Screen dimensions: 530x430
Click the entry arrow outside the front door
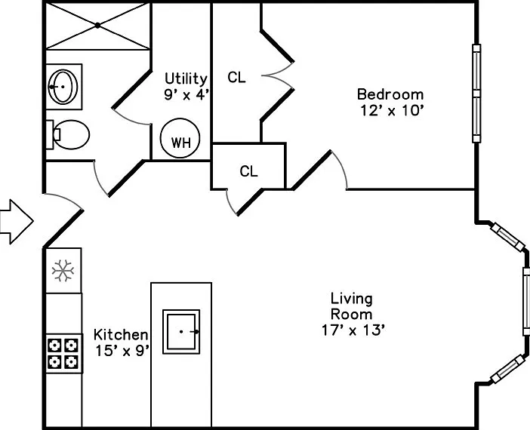(x=16, y=222)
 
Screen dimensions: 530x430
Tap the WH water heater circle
(x=180, y=138)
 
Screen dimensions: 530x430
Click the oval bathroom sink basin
(x=63, y=87)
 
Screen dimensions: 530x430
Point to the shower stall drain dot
(x=97, y=26)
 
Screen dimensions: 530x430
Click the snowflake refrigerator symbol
(x=63, y=270)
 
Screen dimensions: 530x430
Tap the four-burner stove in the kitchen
(x=63, y=353)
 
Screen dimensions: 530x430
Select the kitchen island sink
(x=181, y=332)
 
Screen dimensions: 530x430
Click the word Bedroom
(x=390, y=94)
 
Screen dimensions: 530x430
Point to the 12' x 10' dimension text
(x=392, y=110)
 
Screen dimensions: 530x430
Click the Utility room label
(x=186, y=78)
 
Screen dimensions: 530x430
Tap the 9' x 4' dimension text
(x=186, y=94)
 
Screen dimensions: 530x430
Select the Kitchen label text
(x=121, y=335)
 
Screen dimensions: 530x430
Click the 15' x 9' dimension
(x=122, y=351)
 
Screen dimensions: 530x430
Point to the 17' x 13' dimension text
(x=353, y=330)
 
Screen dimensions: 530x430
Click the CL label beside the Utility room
(x=236, y=78)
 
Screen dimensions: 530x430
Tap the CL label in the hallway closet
(x=249, y=171)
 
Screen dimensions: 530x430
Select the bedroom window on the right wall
(x=476, y=94)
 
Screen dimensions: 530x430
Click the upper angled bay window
(x=507, y=237)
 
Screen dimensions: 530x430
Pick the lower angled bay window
(x=507, y=369)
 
